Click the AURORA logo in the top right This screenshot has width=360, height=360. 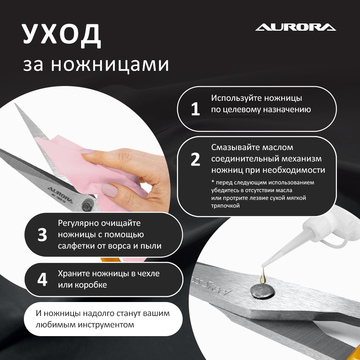click(296, 27)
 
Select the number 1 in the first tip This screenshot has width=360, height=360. click(195, 110)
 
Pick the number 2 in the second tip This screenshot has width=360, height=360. click(195, 160)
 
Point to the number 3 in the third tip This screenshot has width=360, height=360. click(42, 235)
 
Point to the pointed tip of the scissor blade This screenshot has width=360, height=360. click(16, 105)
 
